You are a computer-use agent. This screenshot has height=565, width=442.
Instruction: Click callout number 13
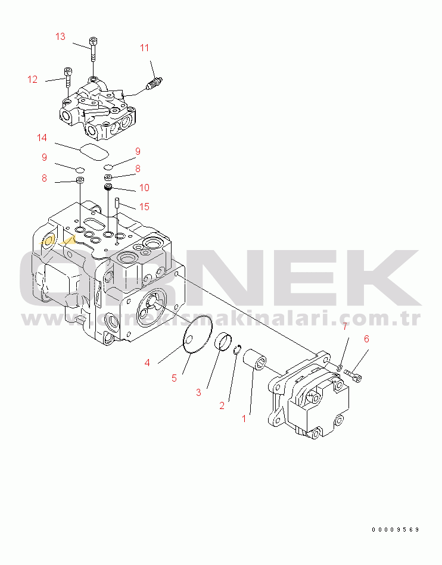coord(60,36)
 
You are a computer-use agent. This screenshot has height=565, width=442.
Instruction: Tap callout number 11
coord(144,48)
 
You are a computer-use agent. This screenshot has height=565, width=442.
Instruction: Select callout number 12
coord(32,79)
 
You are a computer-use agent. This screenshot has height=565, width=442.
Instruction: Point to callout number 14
coord(42,138)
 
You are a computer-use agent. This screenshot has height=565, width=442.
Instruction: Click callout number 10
coord(144,188)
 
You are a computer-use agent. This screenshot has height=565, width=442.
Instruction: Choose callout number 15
coord(144,207)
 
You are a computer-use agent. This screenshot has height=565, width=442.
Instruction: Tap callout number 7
coord(345,326)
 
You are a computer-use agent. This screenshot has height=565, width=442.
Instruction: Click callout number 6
coord(366,339)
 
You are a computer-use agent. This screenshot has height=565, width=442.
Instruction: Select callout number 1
coord(244,419)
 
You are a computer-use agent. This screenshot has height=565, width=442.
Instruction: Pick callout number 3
coord(198,392)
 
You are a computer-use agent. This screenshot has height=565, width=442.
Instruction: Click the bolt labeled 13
coord(94,49)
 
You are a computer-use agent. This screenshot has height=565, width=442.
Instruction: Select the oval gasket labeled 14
coord(94,152)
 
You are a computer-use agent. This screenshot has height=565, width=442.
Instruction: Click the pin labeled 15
coord(117,202)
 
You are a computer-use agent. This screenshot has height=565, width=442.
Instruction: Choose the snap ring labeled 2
coord(237,349)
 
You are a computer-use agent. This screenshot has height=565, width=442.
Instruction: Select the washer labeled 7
coord(340,367)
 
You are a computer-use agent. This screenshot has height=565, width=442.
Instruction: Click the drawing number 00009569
coord(396,529)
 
